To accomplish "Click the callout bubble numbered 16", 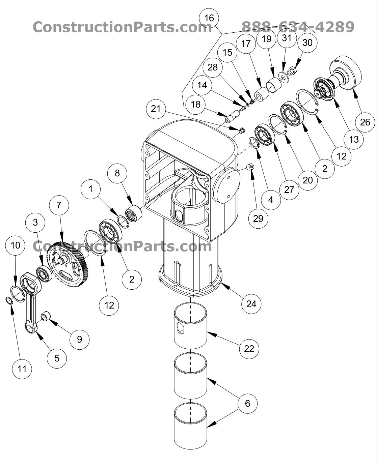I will click(209, 18).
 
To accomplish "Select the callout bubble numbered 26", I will click(365, 122).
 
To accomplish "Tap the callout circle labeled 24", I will click(251, 304).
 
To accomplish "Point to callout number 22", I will click(249, 348).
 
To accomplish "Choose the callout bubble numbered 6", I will click(247, 403).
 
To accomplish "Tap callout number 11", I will click(22, 369).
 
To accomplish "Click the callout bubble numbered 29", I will click(258, 219).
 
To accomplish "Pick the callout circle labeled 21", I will click(156, 109).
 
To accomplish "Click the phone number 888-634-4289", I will click(298, 27).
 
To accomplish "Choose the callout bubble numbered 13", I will click(354, 139).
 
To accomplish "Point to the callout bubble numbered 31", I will click(286, 38).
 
